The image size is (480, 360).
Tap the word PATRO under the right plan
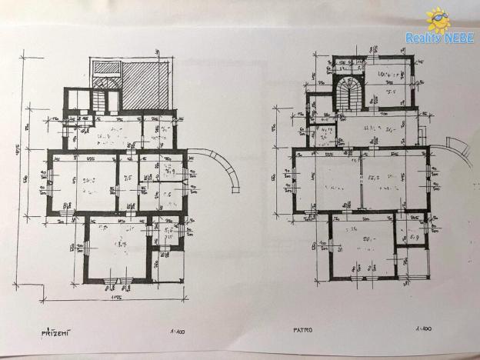pyautogui.click(x=302, y=332)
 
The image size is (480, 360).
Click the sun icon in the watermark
pyautogui.click(x=438, y=19)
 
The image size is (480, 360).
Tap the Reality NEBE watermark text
pyautogui.click(x=439, y=38)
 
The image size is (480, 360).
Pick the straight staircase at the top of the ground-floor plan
pyautogui.click(x=103, y=99)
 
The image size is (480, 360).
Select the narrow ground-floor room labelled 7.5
pyautogui.click(x=128, y=182)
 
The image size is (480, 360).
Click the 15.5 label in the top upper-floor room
pyautogui.click(x=390, y=90)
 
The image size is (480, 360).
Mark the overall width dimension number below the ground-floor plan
pyautogui.click(x=116, y=297)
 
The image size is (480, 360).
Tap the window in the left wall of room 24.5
pyautogui.click(x=49, y=183)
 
